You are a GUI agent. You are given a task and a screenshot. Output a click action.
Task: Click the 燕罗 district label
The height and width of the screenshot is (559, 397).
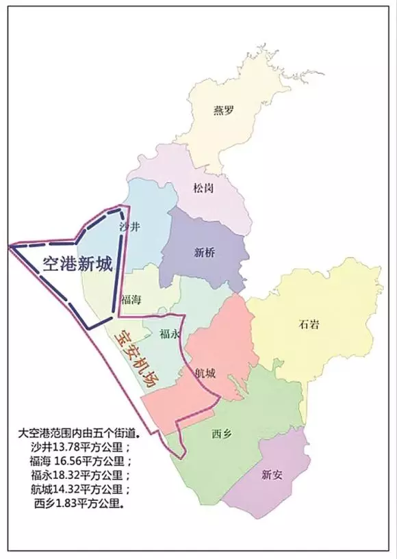point(223,109)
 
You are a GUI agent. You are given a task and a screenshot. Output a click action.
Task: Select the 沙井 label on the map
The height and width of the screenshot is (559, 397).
point(129,226)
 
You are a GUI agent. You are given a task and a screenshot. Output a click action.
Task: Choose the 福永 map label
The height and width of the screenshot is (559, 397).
point(168,334)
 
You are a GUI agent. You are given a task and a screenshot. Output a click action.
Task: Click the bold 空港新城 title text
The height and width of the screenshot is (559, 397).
point(77,264)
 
